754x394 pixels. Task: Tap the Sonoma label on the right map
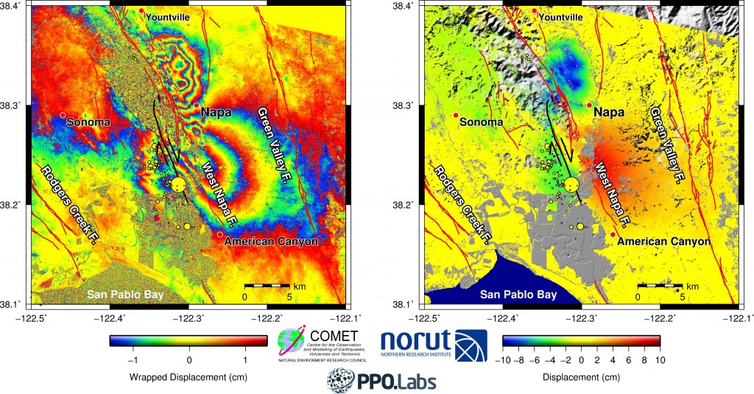(x=482, y=122)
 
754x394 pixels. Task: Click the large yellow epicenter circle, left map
(x=177, y=185)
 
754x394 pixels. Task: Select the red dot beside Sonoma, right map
(x=456, y=116)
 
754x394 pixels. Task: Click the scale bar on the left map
(x=267, y=284)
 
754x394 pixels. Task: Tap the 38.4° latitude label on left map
(x=14, y=6)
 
